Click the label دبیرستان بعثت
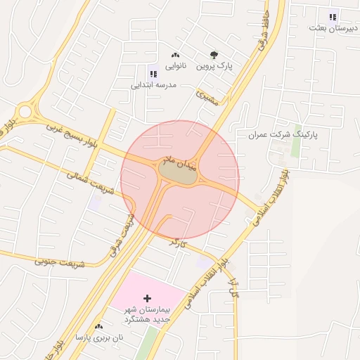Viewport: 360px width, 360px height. point(333,28)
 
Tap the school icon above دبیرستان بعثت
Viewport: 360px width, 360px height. point(333,17)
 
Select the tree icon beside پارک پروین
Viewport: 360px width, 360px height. point(214,54)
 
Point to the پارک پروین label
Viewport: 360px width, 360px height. point(214,65)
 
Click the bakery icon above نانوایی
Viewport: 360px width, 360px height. point(175,54)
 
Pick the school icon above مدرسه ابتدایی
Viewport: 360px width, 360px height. point(153,73)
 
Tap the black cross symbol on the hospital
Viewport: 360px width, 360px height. point(147,299)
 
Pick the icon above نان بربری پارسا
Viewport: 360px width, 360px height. point(98,326)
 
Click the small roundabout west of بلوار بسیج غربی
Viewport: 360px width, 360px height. point(26,111)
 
